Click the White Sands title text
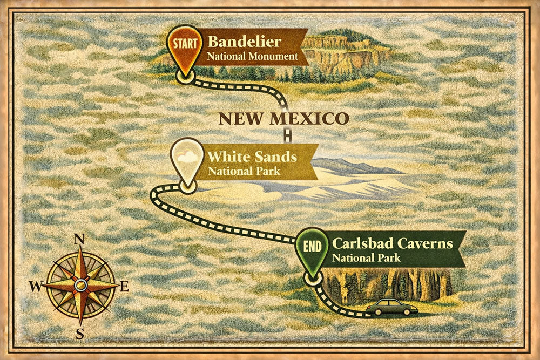pyautogui.click(x=252, y=157)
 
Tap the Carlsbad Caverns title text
pyautogui.click(x=393, y=243)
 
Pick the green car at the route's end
pyautogui.click(x=392, y=308)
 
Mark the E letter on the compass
pyautogui.click(x=124, y=287)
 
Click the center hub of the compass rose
pyautogui.click(x=80, y=284)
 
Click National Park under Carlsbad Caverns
pyautogui.click(x=366, y=257)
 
